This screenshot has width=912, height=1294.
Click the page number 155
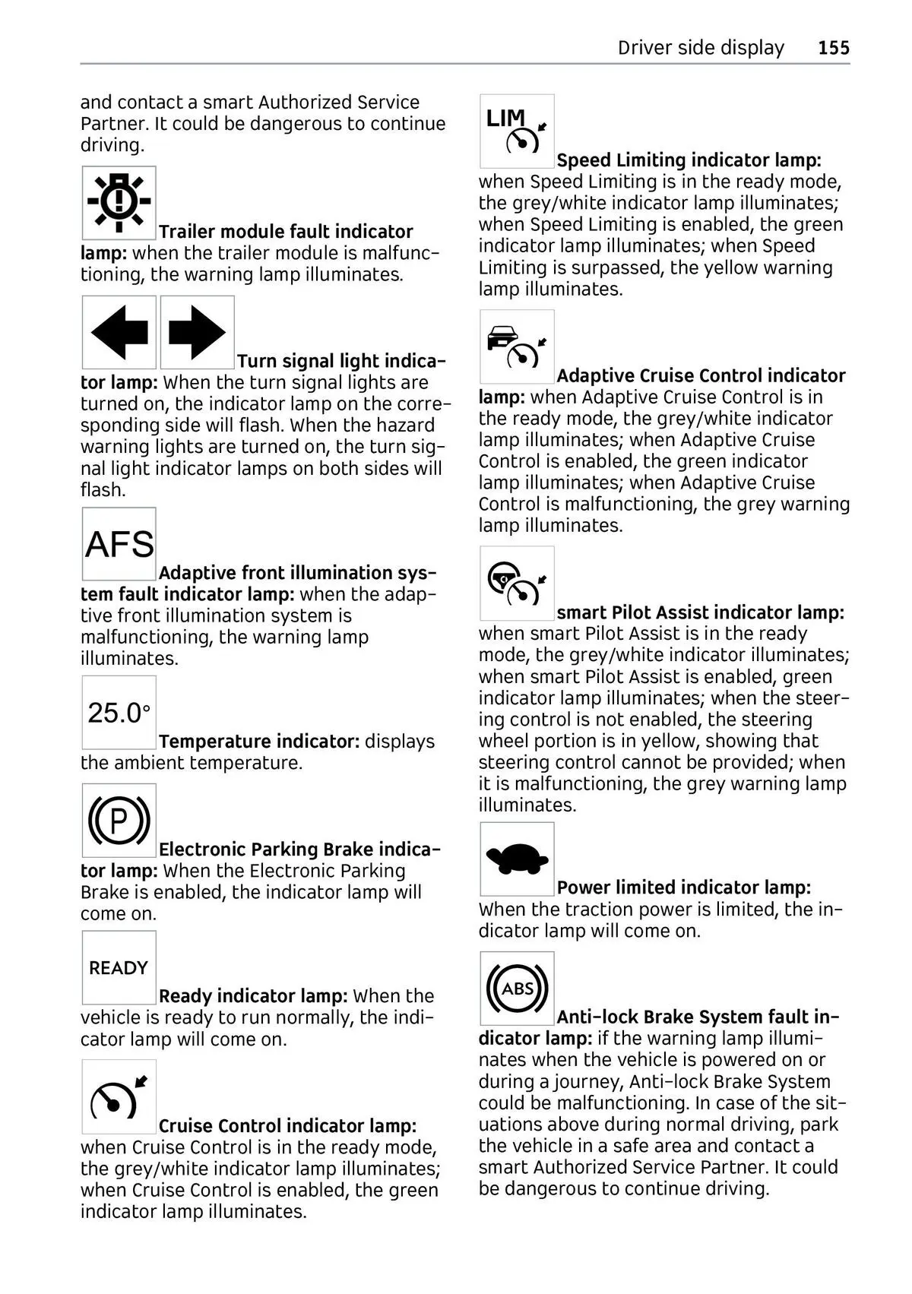[x=834, y=48]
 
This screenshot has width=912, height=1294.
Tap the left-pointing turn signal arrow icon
[x=119, y=332]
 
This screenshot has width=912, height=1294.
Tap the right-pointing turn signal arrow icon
[x=198, y=332]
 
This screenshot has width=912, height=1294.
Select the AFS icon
[x=119, y=544]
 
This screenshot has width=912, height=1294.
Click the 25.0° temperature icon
[x=119, y=713]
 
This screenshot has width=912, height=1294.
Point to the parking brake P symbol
[x=119, y=821]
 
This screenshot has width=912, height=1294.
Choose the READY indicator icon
[x=119, y=967]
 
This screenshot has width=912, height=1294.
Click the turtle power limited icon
[x=517, y=859]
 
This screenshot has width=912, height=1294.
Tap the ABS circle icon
[x=517, y=988]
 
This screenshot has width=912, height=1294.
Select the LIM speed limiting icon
[x=517, y=131]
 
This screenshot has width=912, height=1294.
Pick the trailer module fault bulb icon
[x=119, y=203]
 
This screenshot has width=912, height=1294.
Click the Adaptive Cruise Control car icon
[x=517, y=346]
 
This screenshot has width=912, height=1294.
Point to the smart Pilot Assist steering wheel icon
[x=517, y=583]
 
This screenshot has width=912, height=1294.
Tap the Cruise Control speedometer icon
[x=119, y=1097]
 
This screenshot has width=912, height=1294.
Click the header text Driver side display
[x=701, y=48]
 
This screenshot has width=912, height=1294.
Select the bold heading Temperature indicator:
[x=259, y=742]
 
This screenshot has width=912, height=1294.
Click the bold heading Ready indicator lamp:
[x=253, y=996]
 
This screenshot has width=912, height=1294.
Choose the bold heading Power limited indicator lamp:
[x=684, y=887]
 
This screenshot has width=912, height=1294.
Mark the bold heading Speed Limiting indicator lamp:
[x=689, y=160]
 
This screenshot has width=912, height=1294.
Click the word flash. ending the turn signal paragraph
[x=103, y=490]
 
